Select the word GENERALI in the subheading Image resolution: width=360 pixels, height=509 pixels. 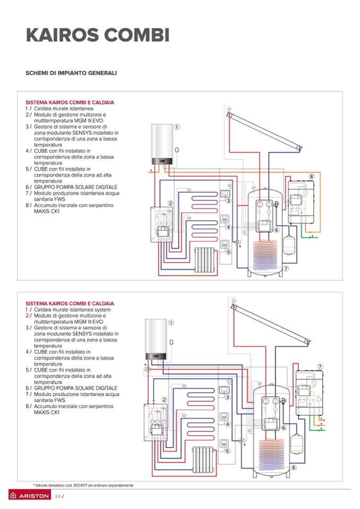[x=100, y=73]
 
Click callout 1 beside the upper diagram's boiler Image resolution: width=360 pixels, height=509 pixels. [x=177, y=127]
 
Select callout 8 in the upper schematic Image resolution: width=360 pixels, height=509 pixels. [x=311, y=176]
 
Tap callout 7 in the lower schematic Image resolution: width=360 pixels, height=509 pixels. [x=320, y=366]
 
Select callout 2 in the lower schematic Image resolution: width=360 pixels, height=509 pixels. [x=165, y=400]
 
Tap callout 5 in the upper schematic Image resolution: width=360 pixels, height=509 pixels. [x=228, y=252]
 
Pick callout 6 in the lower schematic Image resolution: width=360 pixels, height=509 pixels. [x=284, y=428]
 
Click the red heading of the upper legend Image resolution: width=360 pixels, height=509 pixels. [x=70, y=102]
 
